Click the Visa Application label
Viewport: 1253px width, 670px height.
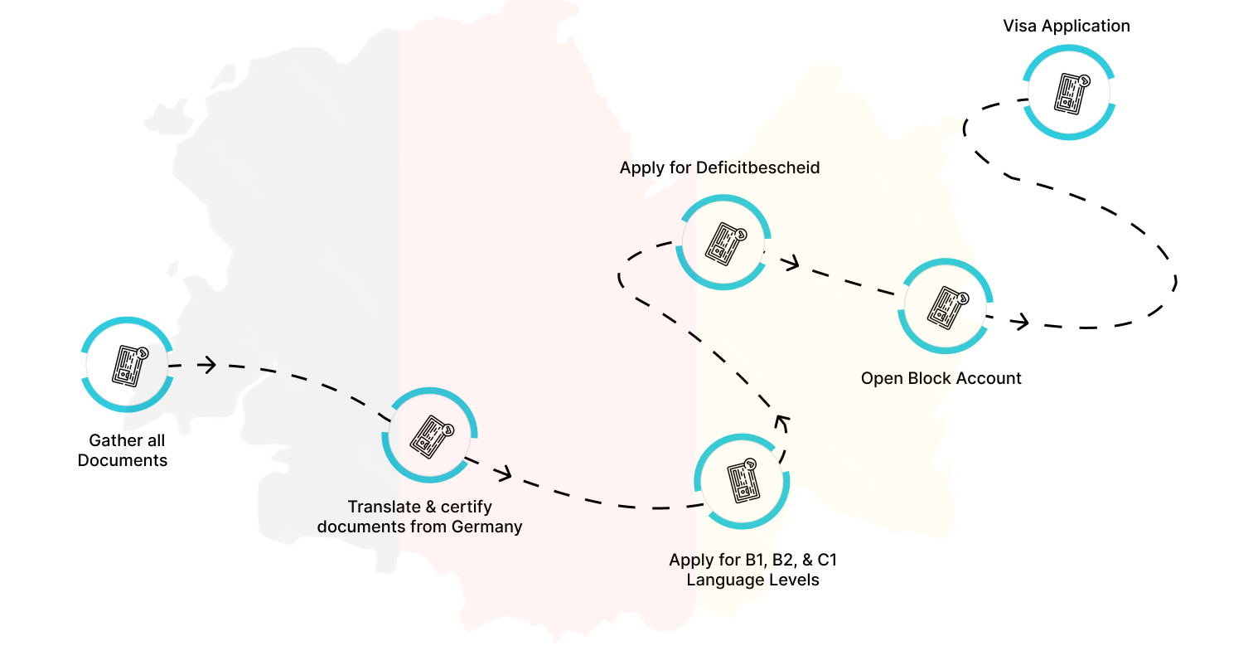(1066, 26)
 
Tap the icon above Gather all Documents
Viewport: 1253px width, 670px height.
(128, 364)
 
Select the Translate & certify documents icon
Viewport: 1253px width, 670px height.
(429, 436)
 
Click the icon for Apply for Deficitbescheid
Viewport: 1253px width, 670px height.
(723, 242)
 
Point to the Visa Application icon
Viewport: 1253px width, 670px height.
(1069, 91)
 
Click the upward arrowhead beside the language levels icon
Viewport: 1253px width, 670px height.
(782, 422)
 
